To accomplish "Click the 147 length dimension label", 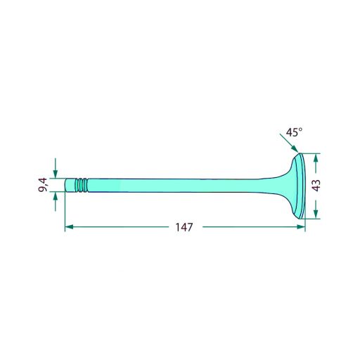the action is click(184, 227).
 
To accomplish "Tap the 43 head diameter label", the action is click(316, 186).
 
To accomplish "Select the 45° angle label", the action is click(294, 132).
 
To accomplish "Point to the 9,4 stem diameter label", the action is click(43, 185).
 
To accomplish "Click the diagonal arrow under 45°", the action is click(289, 143).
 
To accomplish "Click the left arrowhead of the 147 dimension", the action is click(69, 227).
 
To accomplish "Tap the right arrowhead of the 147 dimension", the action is click(301, 227).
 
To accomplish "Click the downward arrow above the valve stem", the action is click(56, 168).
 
